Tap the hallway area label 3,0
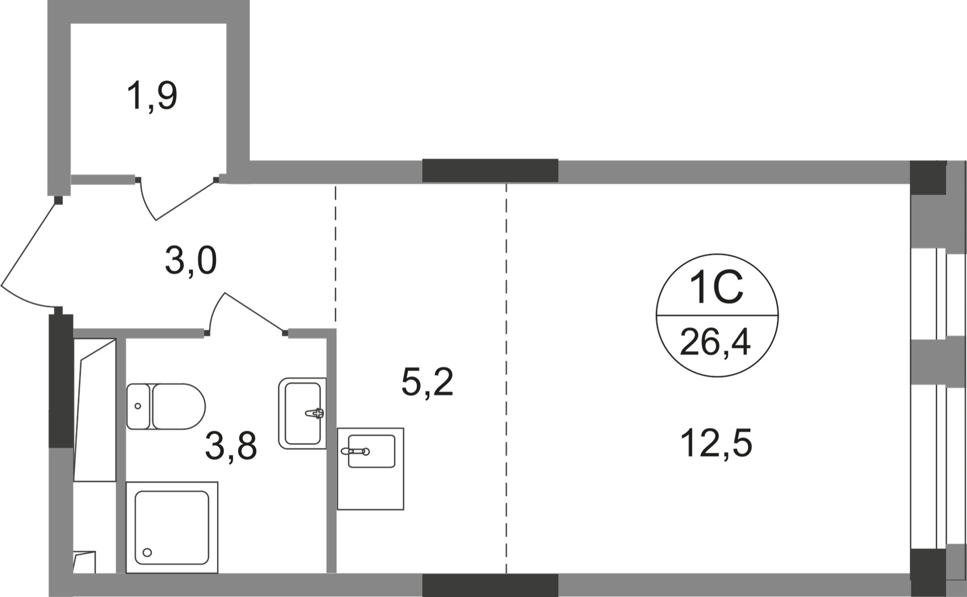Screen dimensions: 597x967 191,261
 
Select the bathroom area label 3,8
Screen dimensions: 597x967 231,446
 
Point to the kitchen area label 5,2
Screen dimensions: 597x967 427,382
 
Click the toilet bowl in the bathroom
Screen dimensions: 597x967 178,406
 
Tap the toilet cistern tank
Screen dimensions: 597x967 138,406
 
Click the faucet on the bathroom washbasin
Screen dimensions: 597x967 316,412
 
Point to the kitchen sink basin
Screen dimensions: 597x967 371,451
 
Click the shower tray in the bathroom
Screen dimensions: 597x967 172,527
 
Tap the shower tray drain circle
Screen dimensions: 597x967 147,552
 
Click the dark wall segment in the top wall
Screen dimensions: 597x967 490,171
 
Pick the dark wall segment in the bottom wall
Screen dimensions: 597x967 490,585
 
